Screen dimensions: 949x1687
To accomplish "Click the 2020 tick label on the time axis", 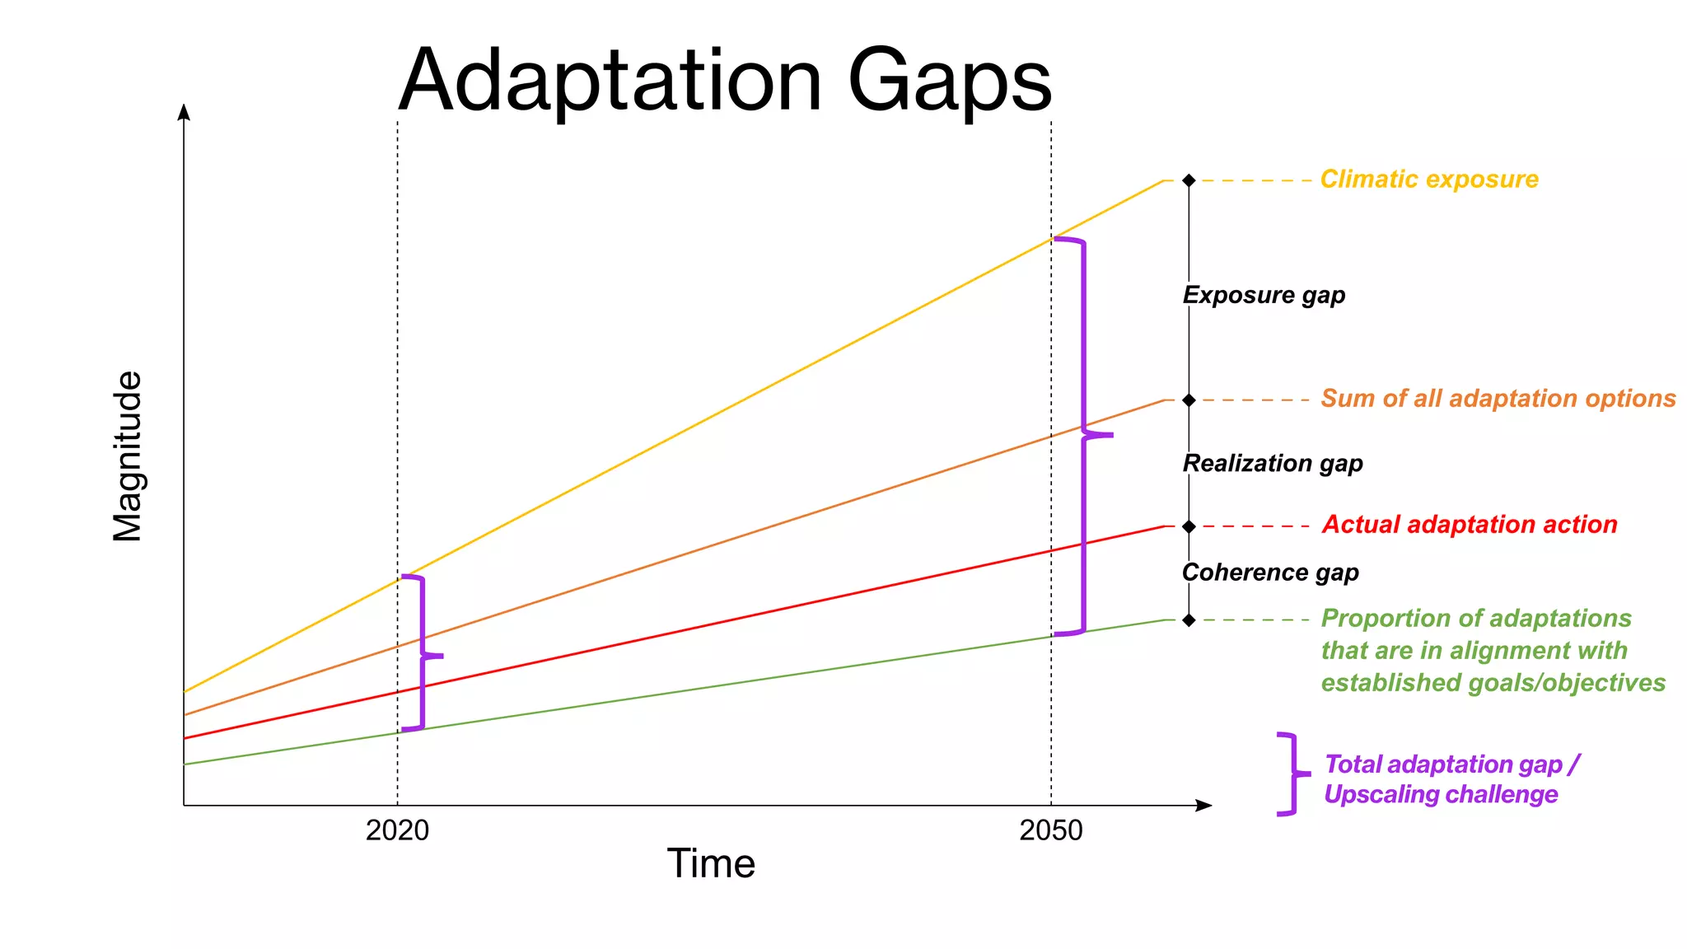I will (397, 830).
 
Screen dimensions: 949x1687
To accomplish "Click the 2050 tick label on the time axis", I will (1050, 830).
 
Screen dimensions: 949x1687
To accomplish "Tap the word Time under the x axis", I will (711, 864).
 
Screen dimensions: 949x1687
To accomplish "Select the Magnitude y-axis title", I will (128, 456).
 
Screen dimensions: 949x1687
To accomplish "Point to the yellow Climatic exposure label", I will (1429, 180).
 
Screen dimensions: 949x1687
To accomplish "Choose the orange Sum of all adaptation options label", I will (1498, 399).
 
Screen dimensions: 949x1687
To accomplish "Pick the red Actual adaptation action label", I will (1470, 525).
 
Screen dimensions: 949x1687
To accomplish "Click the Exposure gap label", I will (1264, 295).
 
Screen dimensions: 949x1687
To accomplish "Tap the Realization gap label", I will (1273, 463).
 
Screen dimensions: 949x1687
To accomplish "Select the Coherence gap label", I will (1270, 573).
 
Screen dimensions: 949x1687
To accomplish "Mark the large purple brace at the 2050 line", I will (1083, 435).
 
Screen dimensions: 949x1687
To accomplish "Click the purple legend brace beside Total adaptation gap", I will (1292, 774).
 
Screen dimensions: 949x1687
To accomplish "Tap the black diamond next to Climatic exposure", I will (1189, 180).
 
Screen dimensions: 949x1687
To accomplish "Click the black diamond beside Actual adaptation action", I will (1189, 526).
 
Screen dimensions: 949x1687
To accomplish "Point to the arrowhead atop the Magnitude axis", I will (184, 112).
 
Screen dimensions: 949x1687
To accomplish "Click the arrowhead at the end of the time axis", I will (1203, 806).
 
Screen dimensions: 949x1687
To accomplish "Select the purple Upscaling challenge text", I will (1441, 795).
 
